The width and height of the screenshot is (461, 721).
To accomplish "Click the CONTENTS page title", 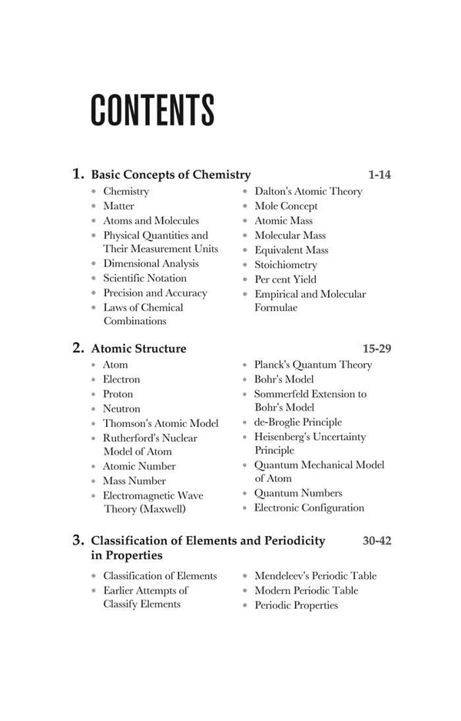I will [x=152, y=111].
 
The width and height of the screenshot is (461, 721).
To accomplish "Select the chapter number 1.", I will [x=78, y=174].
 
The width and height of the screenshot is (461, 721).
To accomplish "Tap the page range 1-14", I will [x=380, y=175].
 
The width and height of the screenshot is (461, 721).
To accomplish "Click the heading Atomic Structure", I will [x=138, y=349].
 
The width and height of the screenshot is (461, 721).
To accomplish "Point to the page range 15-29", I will [x=376, y=349].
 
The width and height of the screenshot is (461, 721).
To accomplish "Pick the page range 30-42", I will [x=376, y=541].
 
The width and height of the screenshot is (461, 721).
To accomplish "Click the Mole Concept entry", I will [x=286, y=206].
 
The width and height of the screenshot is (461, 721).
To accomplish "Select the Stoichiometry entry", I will [x=286, y=265].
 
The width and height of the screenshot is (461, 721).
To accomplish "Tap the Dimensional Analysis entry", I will [x=151, y=263].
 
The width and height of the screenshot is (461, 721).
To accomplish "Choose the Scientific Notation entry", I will [x=144, y=278].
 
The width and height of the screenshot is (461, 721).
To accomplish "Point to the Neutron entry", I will [x=121, y=408].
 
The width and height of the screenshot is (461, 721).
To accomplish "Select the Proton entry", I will [x=118, y=394].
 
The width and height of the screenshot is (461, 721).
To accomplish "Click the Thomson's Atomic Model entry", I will [x=161, y=423].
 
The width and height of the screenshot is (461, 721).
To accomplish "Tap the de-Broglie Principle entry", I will [x=298, y=422].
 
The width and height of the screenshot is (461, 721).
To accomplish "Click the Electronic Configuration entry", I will [x=309, y=508].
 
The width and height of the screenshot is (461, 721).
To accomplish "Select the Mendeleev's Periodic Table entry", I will [x=315, y=576].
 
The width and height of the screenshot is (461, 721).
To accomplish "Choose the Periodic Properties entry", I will [x=296, y=605].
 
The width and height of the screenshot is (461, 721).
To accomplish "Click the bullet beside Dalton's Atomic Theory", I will [x=245, y=191].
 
